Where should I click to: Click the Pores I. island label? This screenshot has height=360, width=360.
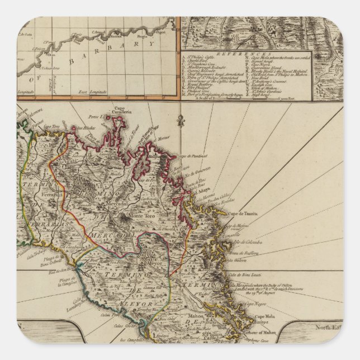[92, 117]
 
